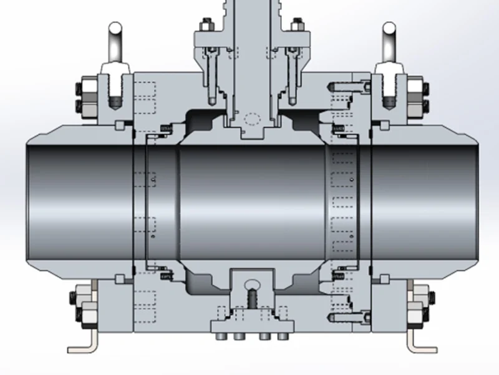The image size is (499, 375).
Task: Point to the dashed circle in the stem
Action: tap(252, 118)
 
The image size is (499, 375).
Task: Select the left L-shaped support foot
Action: tap(84, 342)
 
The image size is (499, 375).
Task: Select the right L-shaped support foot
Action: tap(419, 342)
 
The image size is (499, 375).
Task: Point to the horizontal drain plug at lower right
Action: tap(343, 316)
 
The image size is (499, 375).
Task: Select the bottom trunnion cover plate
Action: tap(252, 326)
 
